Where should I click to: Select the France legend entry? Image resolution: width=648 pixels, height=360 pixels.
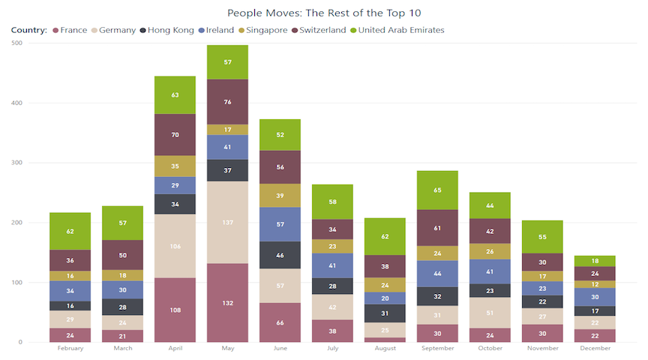pos(73,30)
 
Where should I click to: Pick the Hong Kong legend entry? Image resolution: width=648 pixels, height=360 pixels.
pos(170,30)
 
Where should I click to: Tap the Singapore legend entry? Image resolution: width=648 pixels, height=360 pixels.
pos(265,30)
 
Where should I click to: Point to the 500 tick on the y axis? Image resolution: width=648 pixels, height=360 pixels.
pos(16,43)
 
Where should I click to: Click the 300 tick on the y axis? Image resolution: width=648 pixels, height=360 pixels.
pos(16,163)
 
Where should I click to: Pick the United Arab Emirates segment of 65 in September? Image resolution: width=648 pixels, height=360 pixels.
pos(437,190)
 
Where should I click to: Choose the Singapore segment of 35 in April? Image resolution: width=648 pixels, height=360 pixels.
pos(175,166)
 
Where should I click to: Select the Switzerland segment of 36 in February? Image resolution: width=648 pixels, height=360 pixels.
pos(70,260)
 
